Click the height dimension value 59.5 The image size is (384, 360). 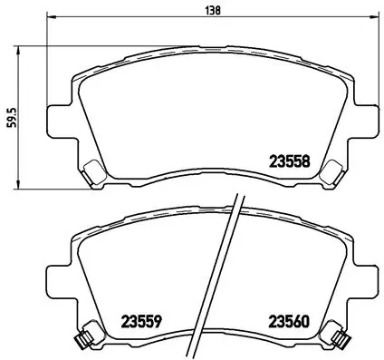coord(10,118)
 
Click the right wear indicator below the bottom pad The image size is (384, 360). coord(341,340)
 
